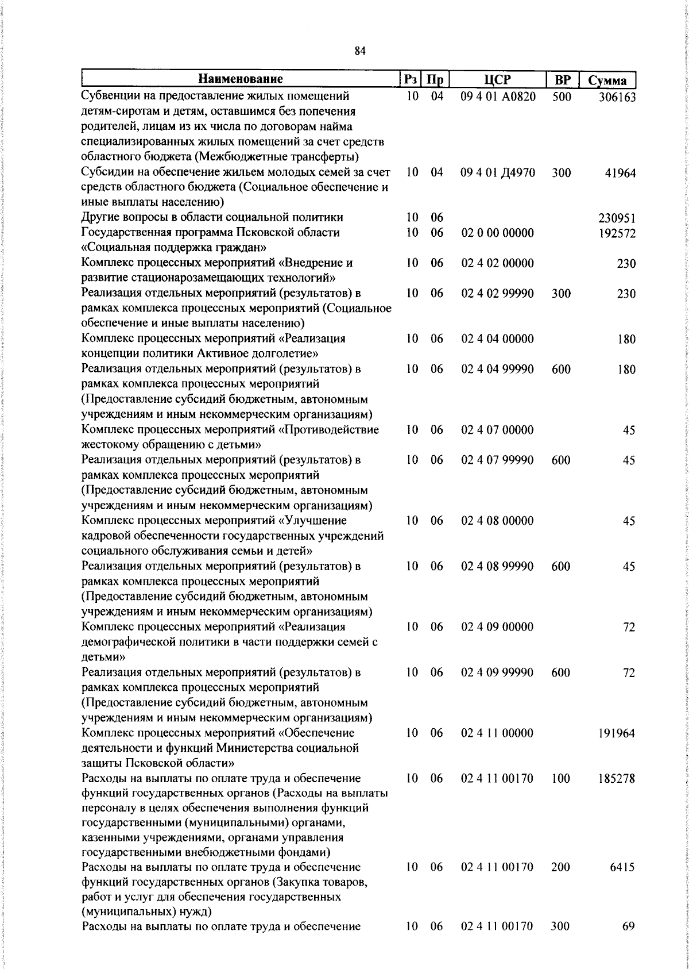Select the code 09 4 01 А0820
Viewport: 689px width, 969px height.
498,97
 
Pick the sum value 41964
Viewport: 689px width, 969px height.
620,173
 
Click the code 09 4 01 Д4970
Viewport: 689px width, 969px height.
498,172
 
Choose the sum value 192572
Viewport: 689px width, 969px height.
617,233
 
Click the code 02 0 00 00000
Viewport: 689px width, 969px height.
497,233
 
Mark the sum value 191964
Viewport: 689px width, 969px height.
617,734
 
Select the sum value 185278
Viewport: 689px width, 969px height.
617,779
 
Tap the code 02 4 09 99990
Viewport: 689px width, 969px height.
497,672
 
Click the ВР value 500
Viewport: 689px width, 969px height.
561,97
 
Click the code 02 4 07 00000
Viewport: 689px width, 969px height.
497,430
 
